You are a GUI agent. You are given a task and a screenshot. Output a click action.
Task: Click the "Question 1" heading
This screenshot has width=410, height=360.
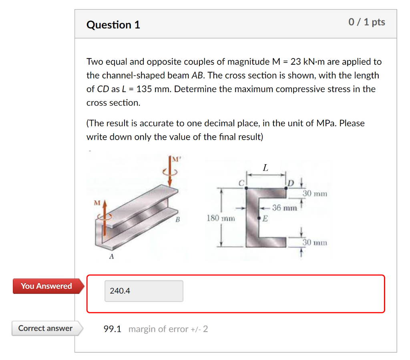coord(113,25)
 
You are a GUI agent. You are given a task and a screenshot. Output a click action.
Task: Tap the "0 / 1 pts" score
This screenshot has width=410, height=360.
coord(366,22)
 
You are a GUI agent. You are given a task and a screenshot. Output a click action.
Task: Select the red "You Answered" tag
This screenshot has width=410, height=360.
coord(46,286)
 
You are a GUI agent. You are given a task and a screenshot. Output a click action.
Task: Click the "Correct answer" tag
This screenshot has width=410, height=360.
coord(45,328)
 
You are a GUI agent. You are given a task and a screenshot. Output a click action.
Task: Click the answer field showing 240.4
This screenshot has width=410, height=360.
coord(144,291)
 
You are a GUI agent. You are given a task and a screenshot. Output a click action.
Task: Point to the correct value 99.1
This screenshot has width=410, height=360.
coord(113,329)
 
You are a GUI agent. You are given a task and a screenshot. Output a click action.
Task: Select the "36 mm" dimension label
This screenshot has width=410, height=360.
coord(284,208)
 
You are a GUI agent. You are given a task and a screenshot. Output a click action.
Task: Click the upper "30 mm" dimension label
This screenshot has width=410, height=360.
coord(315,194)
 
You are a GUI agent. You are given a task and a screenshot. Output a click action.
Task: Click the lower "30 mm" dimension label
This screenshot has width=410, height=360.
coord(315,242)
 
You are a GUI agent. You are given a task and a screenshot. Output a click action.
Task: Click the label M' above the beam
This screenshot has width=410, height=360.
coord(175,160)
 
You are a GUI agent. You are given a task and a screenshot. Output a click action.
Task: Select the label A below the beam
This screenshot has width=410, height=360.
coord(112,257)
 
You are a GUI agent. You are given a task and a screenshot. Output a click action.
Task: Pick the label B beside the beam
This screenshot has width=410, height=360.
coord(178,220)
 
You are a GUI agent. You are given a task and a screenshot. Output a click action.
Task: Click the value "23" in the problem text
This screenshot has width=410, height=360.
coord(295,62)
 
